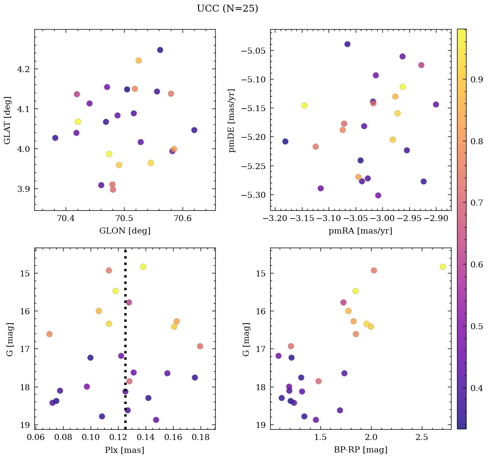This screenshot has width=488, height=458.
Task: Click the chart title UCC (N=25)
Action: point(227,9)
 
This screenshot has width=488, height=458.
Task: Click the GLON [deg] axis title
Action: point(125,231)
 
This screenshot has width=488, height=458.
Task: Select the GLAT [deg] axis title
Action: point(7,120)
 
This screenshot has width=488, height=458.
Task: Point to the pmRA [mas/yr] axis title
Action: point(360,231)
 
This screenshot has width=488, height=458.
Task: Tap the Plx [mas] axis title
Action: point(125,450)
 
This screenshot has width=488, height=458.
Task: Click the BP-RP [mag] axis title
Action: point(360,450)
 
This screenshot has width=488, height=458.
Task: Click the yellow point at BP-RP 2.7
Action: point(442,267)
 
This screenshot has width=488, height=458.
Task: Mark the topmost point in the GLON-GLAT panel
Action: point(160,50)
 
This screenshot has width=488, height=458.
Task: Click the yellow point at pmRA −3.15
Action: point(304,106)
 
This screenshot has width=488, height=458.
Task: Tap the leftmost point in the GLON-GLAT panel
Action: point(55,138)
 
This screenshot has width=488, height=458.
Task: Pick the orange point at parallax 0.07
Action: point(49,334)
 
